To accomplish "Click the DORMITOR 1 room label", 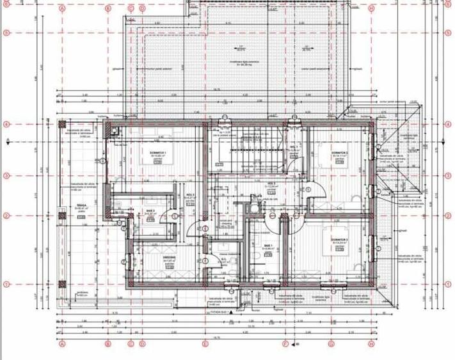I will [158, 153].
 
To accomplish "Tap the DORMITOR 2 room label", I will [339, 153].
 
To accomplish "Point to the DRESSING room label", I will [169, 258].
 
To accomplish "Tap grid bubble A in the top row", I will [63, 9].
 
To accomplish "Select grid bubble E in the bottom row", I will [205, 343].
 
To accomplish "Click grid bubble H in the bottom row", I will [371, 343].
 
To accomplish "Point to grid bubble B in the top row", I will [109, 9].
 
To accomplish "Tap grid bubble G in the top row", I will [331, 9].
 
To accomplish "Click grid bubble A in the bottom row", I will [63, 343].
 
